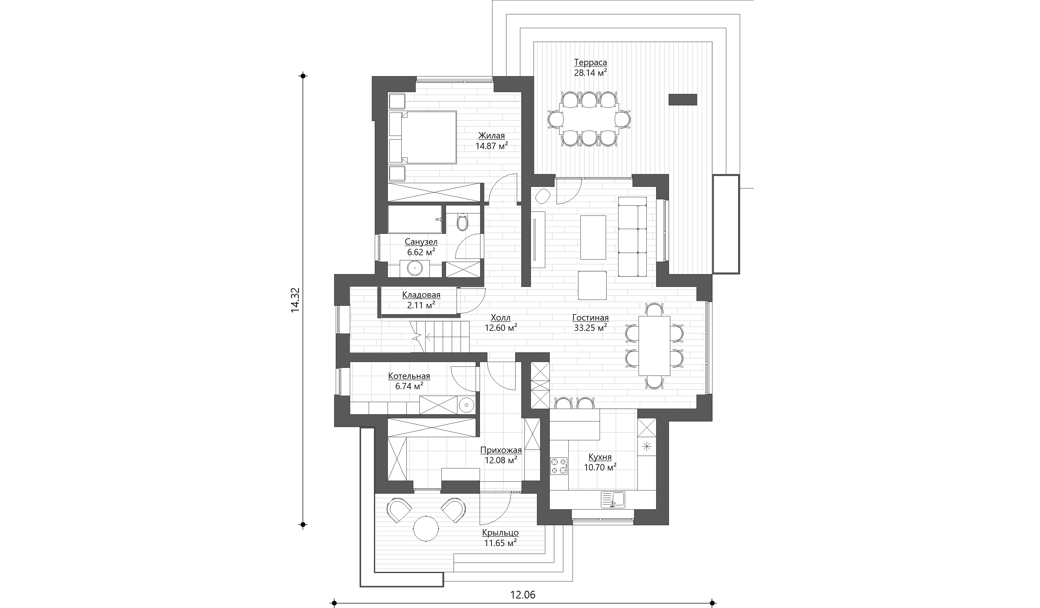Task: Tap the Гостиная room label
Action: click(x=591, y=318)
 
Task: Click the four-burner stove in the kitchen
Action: click(x=559, y=466)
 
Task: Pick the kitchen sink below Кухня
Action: click(x=613, y=499)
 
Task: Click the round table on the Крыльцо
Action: click(x=550, y=529)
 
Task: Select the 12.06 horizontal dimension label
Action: click(x=523, y=594)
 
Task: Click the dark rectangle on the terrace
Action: click(x=683, y=100)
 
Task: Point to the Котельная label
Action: click(x=409, y=376)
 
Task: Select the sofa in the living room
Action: click(x=632, y=236)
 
